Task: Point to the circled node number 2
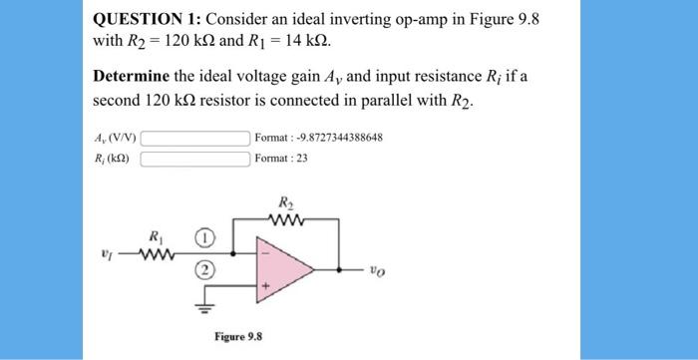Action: click(201, 270)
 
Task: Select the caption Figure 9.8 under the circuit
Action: click(237, 336)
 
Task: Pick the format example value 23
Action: click(300, 159)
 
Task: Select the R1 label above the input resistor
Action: click(156, 237)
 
